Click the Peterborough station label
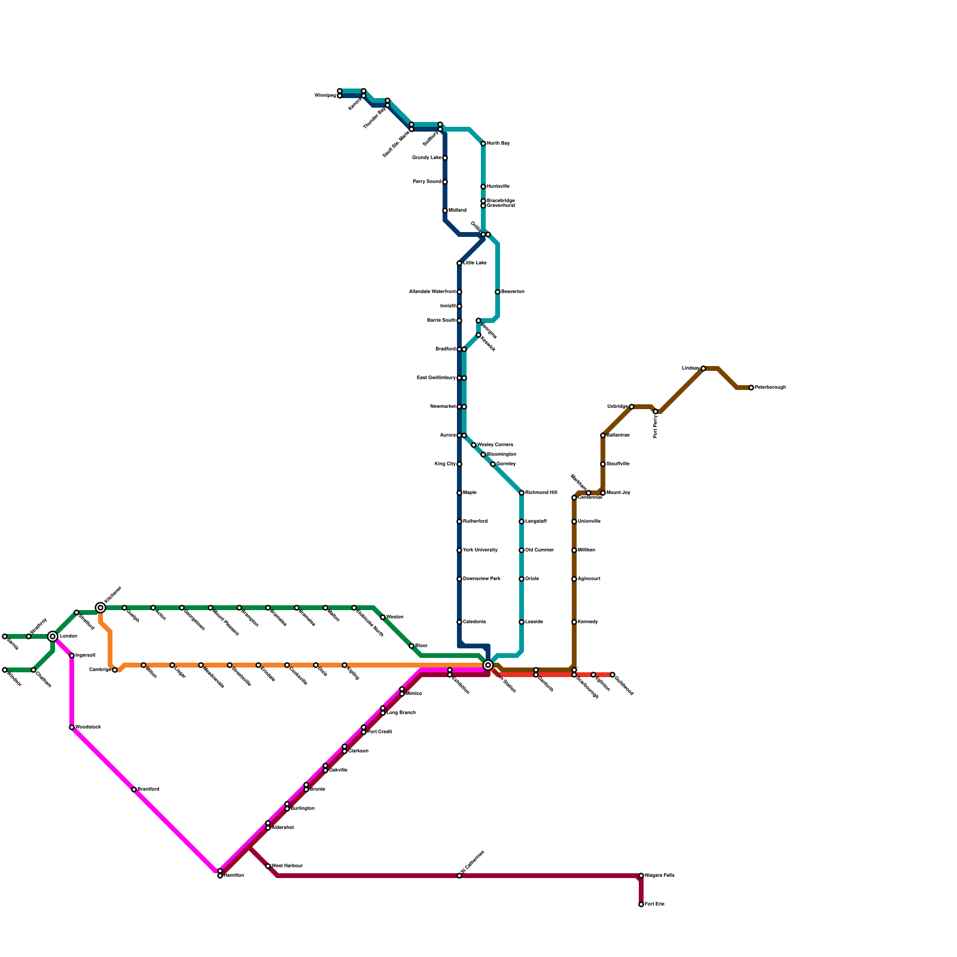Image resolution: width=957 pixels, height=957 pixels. (770, 388)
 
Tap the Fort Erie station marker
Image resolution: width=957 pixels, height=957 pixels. (641, 904)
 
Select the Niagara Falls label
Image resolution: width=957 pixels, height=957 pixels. (660, 876)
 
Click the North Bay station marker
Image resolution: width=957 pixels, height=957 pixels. (483, 144)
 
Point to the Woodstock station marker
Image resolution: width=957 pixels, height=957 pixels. (72, 727)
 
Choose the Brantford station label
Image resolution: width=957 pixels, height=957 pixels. (148, 790)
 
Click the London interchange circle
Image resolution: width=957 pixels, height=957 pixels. (53, 636)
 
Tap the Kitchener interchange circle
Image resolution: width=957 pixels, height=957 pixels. (100, 608)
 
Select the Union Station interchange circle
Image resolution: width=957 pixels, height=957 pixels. (488, 665)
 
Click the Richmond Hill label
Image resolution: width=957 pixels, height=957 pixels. (541, 493)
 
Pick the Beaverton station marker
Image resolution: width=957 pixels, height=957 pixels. (498, 292)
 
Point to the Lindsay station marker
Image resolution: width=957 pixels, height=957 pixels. (703, 368)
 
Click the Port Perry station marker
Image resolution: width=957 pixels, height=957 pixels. (656, 412)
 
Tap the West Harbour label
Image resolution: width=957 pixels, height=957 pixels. (287, 866)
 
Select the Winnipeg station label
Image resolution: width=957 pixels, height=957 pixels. (325, 96)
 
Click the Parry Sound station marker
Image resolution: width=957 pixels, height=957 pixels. (445, 182)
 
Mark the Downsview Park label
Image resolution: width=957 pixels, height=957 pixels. (481, 579)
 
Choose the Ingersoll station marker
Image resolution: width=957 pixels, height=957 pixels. (72, 656)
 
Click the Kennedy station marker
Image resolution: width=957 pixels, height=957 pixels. (574, 622)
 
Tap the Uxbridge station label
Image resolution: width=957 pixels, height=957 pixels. (617, 407)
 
